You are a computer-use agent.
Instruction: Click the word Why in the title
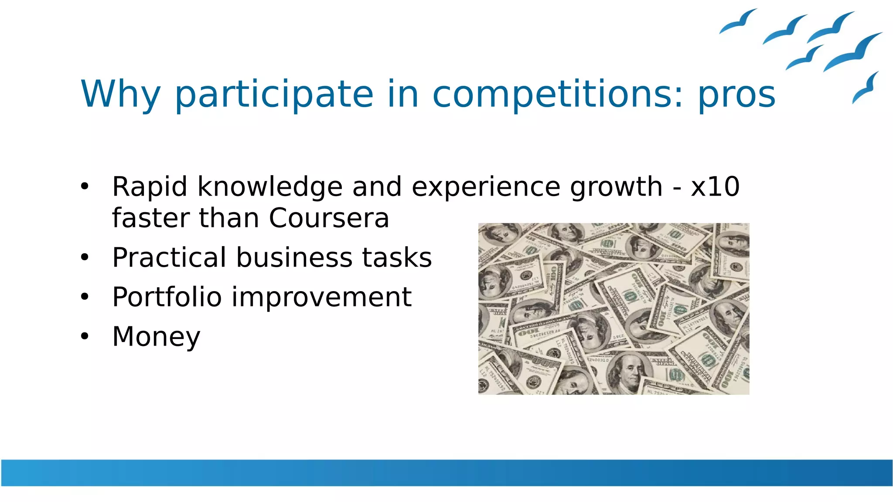point(121,95)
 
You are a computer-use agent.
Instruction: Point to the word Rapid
point(150,187)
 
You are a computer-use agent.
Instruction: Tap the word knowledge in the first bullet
point(270,187)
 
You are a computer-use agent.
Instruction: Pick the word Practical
point(169,258)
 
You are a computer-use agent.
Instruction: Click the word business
point(294,258)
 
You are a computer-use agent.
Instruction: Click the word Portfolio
point(167,297)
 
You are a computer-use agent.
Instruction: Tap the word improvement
point(321,298)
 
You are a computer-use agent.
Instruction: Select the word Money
point(156,337)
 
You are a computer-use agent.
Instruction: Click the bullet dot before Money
point(85,336)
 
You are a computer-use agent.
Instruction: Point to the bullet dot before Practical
point(85,258)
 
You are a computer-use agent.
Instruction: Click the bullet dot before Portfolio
point(85,297)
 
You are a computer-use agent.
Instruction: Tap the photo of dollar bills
point(614,309)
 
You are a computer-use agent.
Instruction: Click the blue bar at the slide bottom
point(446,472)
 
